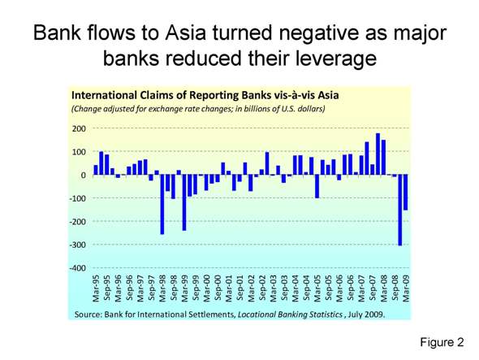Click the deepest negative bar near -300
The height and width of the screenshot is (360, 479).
[x=400, y=210]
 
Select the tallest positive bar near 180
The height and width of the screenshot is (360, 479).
[x=378, y=154]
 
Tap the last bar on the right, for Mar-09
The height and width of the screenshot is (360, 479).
[x=405, y=193]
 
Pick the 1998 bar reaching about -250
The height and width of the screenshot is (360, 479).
[x=162, y=204]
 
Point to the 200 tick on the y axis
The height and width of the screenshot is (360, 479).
[x=79, y=128]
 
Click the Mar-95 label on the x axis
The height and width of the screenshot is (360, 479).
[x=97, y=288]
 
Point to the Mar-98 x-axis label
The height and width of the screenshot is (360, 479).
[x=162, y=288]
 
